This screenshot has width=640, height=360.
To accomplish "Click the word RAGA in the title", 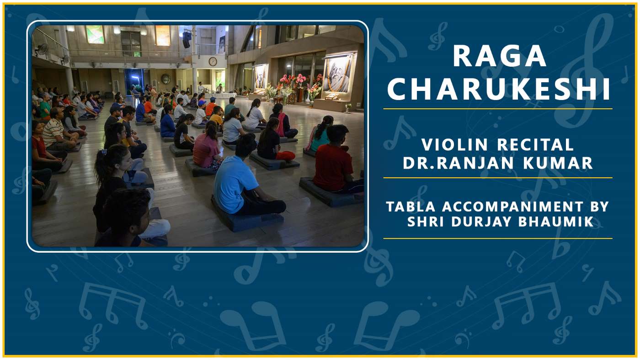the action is pyautogui.click(x=499, y=56).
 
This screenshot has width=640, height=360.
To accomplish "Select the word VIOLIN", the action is pyautogui.click(x=454, y=144).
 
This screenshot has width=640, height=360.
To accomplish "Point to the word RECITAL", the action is pyautogui.click(x=535, y=144).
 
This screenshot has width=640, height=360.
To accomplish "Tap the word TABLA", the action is pyautogui.click(x=411, y=206).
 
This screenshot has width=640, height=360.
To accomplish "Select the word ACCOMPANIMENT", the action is pyautogui.click(x=512, y=206).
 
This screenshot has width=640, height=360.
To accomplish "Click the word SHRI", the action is pyautogui.click(x=426, y=222).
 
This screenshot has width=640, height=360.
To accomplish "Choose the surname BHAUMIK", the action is pyautogui.click(x=556, y=222).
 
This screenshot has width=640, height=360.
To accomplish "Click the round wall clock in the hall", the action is pyautogui.click(x=213, y=61).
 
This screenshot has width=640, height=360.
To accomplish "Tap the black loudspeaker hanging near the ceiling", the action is pyautogui.click(x=187, y=39).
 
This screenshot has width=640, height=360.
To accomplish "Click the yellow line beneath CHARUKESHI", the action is pyautogui.click(x=498, y=109).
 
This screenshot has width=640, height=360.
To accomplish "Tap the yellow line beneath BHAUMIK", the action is pyautogui.click(x=498, y=238).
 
